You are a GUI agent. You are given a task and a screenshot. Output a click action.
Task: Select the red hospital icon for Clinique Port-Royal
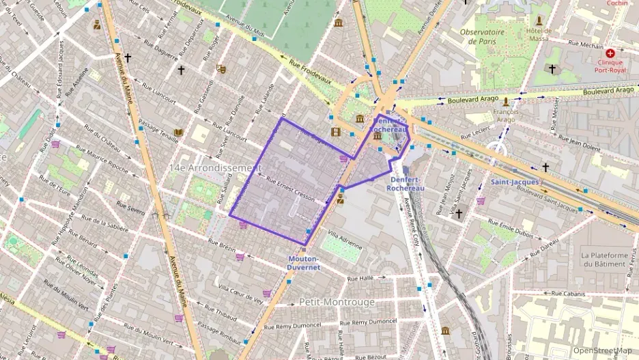[610, 53]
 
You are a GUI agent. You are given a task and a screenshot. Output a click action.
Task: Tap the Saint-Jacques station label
[515, 182]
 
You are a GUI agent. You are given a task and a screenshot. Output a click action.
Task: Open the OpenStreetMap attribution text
[602, 350]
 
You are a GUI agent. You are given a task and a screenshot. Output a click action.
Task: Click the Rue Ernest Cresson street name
[290, 189]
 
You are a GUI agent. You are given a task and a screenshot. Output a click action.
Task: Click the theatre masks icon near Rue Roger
[221, 68]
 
